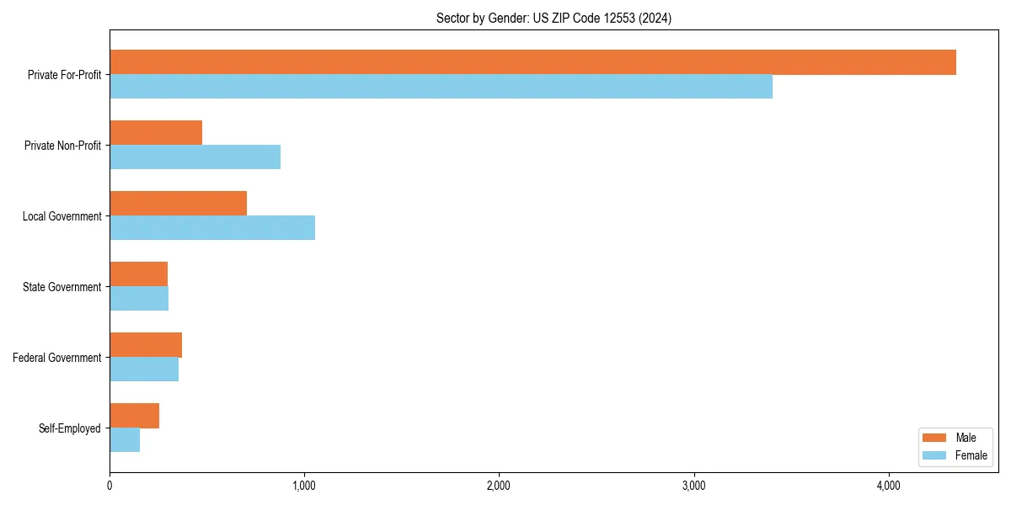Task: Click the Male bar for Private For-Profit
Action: tap(532, 62)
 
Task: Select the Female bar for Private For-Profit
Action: tap(441, 87)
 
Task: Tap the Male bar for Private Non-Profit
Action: tap(156, 133)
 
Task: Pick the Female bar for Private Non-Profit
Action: tap(195, 157)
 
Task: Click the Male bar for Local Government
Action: tap(178, 204)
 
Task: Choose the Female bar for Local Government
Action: tap(212, 228)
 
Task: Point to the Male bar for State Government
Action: tap(138, 274)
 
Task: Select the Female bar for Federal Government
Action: tap(144, 369)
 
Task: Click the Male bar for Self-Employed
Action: tap(134, 416)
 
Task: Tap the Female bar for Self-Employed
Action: tap(125, 440)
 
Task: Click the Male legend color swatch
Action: tap(935, 438)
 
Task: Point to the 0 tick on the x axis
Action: tap(110, 486)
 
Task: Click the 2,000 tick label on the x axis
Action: tap(499, 486)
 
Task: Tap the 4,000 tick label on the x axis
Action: tap(888, 486)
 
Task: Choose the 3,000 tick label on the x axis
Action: tap(693, 486)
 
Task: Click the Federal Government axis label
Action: tap(57, 358)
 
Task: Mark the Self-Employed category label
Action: tap(70, 428)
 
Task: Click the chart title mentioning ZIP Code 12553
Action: tap(554, 18)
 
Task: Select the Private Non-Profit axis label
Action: tap(62, 146)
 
